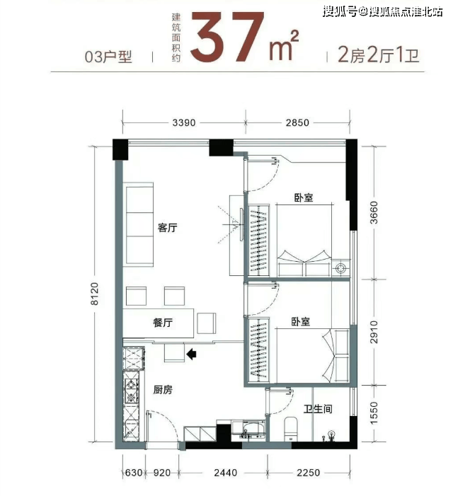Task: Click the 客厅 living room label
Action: (167, 227)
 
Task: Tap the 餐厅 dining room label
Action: (163, 323)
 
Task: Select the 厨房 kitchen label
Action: (163, 389)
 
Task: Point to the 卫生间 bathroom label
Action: (318, 409)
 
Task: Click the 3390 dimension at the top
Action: (184, 122)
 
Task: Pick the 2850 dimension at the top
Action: (297, 122)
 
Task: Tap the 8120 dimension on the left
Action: (94, 294)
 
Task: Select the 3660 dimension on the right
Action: (374, 212)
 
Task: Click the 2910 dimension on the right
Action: (374, 332)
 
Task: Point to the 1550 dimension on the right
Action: (374, 413)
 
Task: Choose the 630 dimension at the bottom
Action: (134, 473)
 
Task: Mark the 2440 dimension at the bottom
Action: (225, 473)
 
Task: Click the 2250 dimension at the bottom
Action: (308, 473)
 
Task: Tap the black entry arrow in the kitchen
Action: (191, 354)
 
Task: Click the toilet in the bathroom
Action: (291, 429)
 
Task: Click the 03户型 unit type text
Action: (108, 57)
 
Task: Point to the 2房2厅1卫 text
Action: (379, 54)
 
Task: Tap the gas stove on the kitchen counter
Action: (131, 391)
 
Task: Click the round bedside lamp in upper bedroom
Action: (340, 269)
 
